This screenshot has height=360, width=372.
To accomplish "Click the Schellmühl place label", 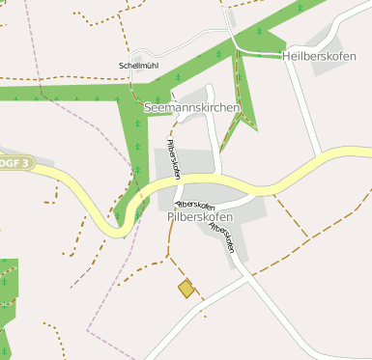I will pos(138,66).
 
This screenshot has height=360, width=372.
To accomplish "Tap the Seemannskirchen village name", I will pos(190,108).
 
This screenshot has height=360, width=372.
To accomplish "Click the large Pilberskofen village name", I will pos(199,218).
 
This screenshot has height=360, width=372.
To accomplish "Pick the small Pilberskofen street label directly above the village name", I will pos(194,206).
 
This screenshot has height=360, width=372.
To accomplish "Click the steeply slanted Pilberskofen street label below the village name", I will pos(222,232).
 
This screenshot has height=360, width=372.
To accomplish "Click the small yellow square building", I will pos(186,288).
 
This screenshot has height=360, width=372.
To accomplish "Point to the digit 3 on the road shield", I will pos(27,162).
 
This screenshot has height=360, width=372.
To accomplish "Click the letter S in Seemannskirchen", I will pos(147,108).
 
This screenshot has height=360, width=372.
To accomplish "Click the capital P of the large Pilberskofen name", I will pos(171,218).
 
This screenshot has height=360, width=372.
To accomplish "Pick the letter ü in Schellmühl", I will pos(146,66).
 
